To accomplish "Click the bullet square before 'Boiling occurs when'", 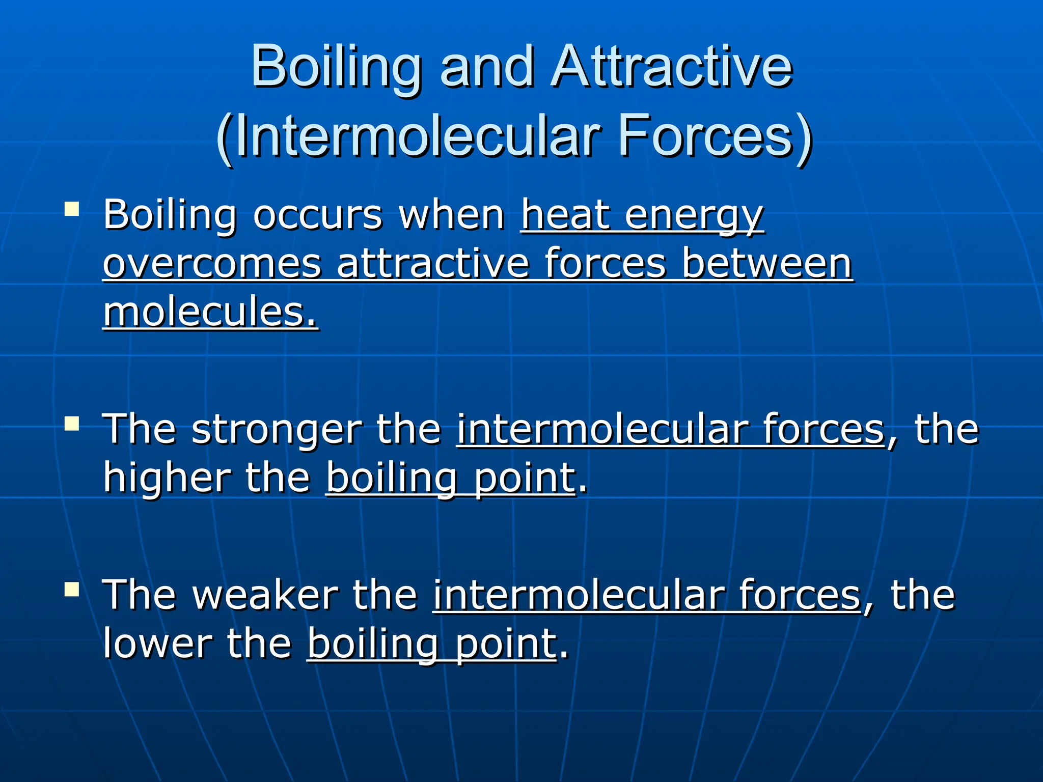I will tap(72, 209).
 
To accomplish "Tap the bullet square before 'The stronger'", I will tap(72, 423).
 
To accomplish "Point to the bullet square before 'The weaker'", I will tap(72, 589).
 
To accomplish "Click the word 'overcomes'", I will tap(212, 264).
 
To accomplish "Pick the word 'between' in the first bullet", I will tap(767, 264).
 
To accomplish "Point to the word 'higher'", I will tap(166, 479).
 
